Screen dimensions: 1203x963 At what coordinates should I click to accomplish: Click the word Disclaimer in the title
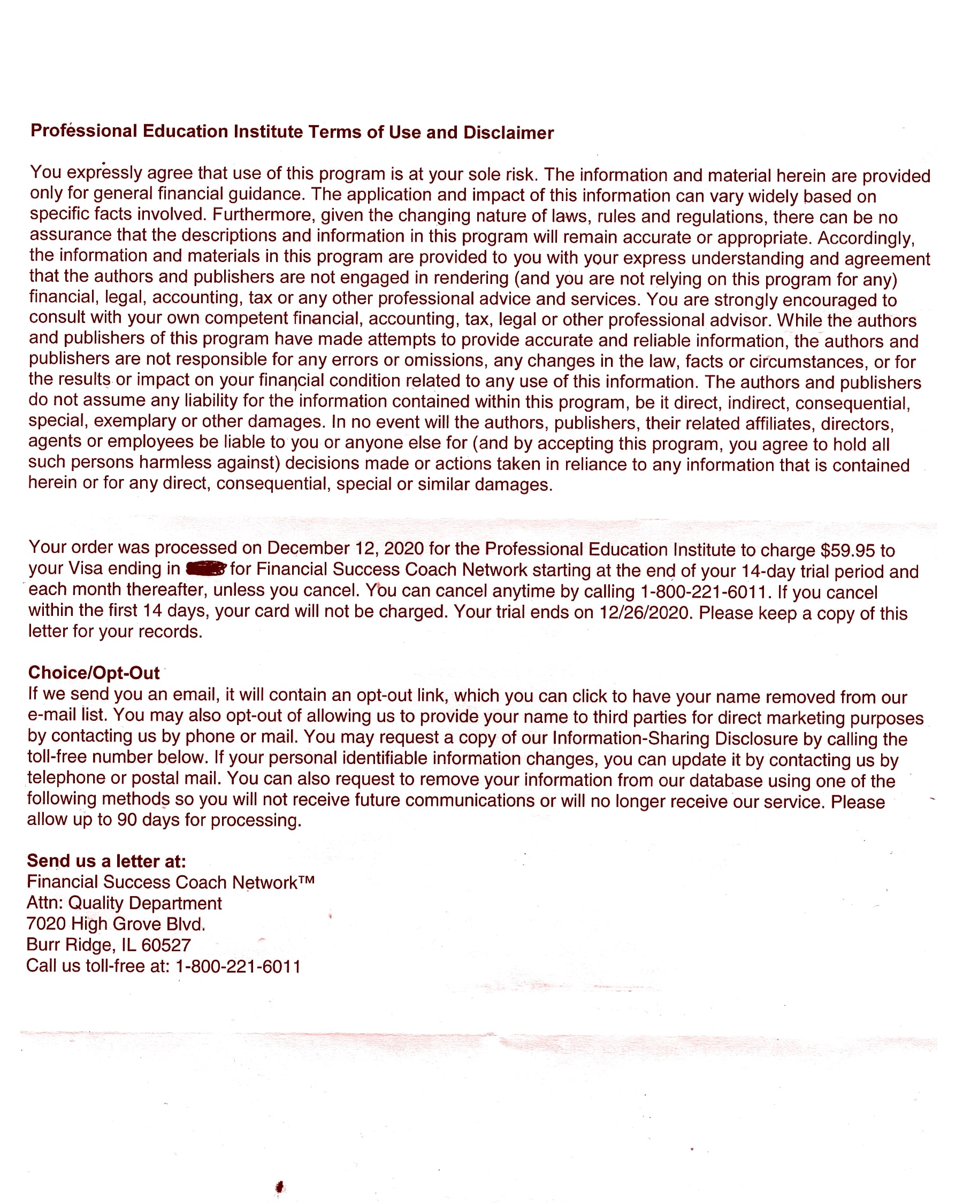(508, 133)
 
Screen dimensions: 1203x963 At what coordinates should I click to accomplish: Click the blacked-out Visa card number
(205, 569)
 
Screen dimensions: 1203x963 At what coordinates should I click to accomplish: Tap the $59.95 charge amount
(847, 551)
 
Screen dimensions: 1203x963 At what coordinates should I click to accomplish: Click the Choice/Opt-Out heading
(94, 673)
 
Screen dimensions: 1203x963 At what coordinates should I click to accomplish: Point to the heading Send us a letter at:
(106, 861)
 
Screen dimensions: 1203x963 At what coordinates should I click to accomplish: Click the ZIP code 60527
(166, 945)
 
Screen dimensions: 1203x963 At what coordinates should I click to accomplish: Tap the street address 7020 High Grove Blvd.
(116, 924)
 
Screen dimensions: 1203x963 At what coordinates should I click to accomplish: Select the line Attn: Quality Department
(124, 903)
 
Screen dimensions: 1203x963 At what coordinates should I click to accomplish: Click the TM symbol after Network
(307, 880)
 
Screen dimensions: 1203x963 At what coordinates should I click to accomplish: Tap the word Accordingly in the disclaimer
(866, 238)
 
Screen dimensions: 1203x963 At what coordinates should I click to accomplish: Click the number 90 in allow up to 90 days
(127, 820)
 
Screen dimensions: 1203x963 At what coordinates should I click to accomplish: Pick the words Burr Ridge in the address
(70, 945)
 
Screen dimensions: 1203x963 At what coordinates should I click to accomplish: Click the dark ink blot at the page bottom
(280, 1187)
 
